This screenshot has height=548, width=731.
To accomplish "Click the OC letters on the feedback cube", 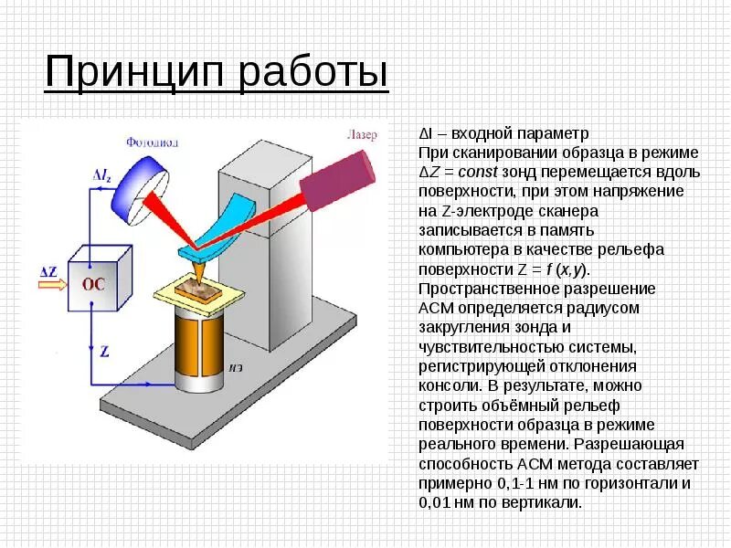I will tap(94, 283).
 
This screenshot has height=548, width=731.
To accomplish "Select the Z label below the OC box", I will tap(105, 351).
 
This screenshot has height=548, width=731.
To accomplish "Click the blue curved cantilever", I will tap(220, 225).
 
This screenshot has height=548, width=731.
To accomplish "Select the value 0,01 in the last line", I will tap(434, 502).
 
